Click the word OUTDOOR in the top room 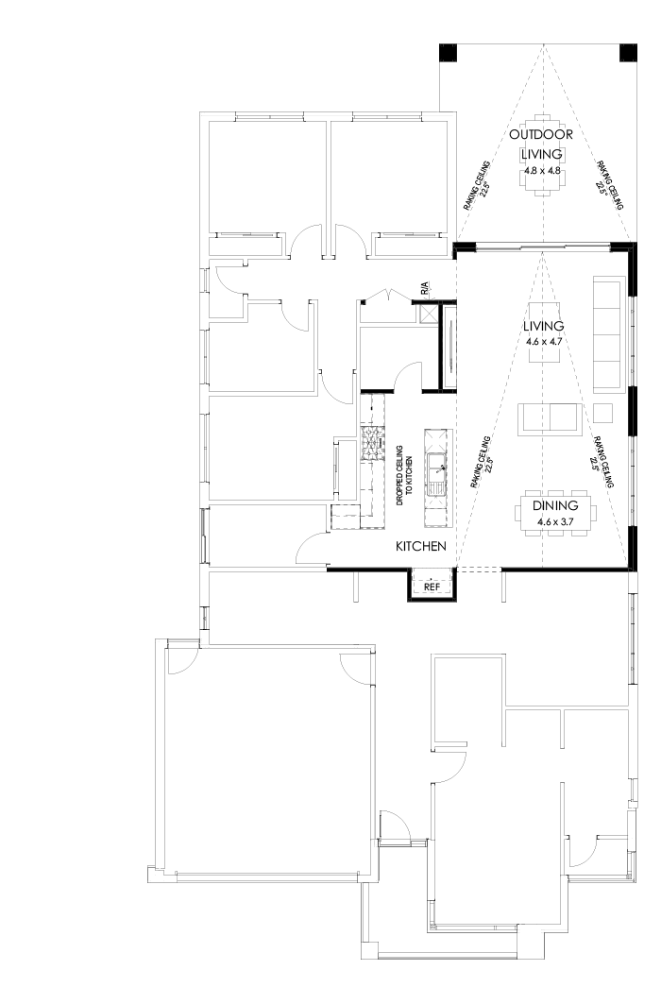[x=541, y=135]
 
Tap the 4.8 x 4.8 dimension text [x=542, y=171]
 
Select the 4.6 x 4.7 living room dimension [x=543, y=342]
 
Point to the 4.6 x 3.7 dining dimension [x=556, y=520]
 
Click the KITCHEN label [x=420, y=547]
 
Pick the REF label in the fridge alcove [x=432, y=587]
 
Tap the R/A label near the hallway [x=425, y=285]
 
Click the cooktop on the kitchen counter [x=371, y=442]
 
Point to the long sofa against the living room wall [x=609, y=332]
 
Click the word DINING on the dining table [x=556, y=506]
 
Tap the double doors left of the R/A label [x=388, y=295]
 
